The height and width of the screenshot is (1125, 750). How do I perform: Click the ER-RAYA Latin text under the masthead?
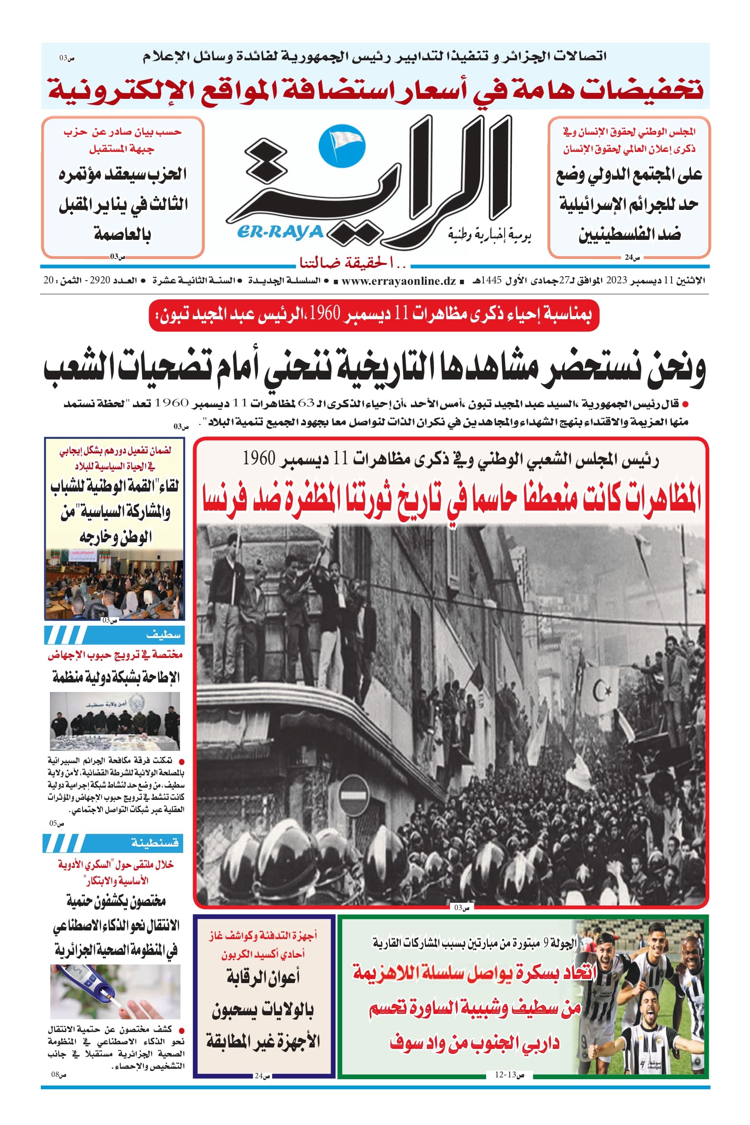pyautogui.click(x=280, y=233)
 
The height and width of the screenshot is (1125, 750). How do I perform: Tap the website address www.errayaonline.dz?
pyautogui.click(x=399, y=281)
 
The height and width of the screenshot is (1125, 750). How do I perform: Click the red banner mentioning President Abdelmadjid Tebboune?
pyautogui.click(x=374, y=315)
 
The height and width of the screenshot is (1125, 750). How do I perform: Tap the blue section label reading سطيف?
pyautogui.click(x=163, y=635)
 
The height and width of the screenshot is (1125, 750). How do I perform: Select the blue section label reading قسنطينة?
pyautogui.click(x=155, y=856)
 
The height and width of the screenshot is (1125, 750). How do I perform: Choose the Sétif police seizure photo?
pyautogui.click(x=115, y=721)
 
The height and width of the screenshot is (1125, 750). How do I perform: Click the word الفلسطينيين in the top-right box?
pyautogui.click(x=629, y=235)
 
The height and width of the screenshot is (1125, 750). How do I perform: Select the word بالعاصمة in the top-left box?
pyautogui.click(x=122, y=234)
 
